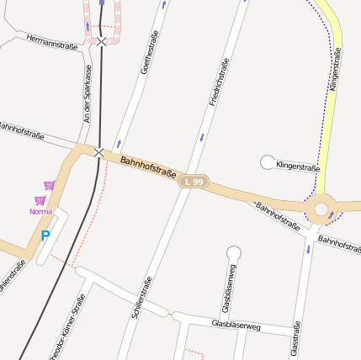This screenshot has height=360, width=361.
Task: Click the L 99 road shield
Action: (194, 182)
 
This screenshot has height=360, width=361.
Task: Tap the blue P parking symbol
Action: (45, 237)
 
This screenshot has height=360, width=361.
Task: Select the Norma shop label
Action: (40, 211)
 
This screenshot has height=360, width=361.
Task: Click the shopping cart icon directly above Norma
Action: (40, 199)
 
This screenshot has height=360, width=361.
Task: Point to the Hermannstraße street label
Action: (52, 42)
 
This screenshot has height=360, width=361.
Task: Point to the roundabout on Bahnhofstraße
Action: (321, 209)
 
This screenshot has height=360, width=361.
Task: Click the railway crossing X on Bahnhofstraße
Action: (99, 151)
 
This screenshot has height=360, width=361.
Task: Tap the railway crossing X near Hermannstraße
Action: (101, 40)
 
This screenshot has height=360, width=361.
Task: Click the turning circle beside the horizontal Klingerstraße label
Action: (268, 161)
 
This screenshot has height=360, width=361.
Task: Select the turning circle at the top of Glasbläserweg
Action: (234, 251)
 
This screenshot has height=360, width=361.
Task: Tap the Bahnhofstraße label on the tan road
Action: (148, 166)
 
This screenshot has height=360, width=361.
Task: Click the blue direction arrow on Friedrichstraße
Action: (202, 136)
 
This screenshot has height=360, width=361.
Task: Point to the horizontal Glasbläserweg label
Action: (236, 324)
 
